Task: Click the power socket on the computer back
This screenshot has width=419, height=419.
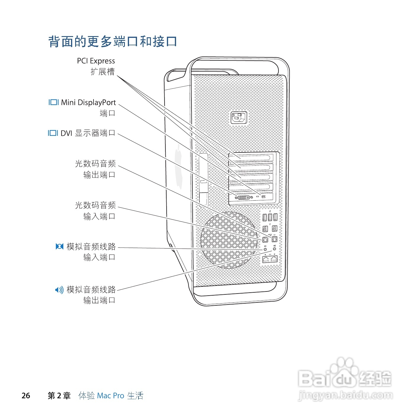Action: click(x=239, y=117)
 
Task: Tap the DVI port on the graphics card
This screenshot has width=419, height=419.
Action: click(x=244, y=197)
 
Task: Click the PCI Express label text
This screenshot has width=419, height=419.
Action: click(x=96, y=61)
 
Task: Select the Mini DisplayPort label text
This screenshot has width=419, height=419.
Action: click(x=88, y=103)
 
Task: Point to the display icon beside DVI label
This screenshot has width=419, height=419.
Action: click(x=53, y=133)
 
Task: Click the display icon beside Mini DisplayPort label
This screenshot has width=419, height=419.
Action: click(x=53, y=102)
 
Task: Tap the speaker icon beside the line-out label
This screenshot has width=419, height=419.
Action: click(x=59, y=290)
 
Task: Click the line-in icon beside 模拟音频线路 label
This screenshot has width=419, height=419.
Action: click(x=59, y=246)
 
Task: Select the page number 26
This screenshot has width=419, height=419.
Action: click(x=26, y=396)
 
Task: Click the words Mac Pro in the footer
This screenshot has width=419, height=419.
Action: click(x=110, y=396)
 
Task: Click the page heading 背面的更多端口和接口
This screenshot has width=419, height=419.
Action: click(x=112, y=42)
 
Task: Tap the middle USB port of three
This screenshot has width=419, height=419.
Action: click(x=270, y=217)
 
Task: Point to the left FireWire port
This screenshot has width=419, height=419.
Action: click(x=265, y=228)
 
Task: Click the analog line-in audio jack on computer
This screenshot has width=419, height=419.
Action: click(x=265, y=249)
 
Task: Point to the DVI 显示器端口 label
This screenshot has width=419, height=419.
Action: click(x=88, y=133)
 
